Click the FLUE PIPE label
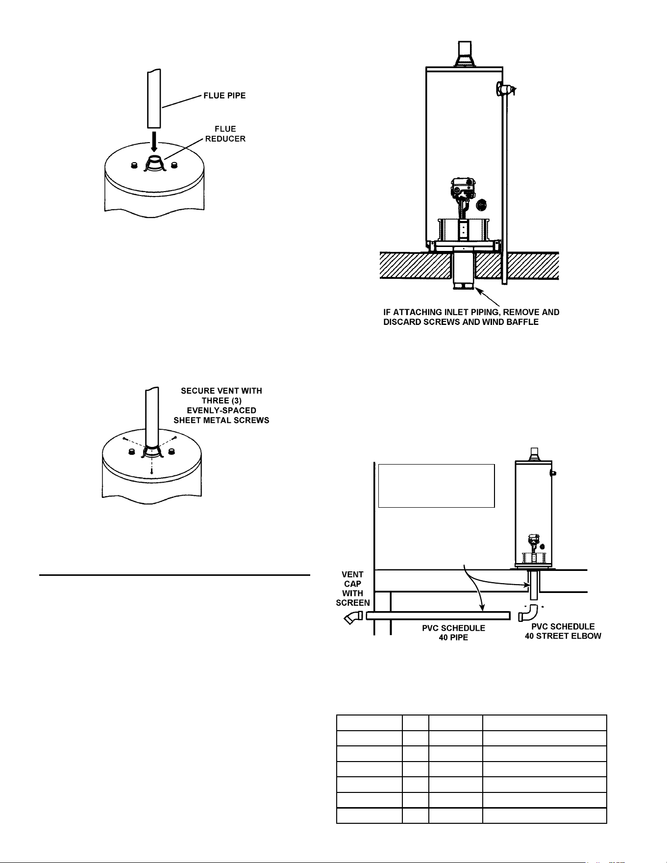224,96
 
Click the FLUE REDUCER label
225,134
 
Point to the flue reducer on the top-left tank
156,164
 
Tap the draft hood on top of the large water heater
465,54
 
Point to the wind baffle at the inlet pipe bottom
464,286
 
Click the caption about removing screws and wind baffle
471,317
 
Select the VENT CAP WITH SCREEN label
353,588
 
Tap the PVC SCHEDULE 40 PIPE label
453,633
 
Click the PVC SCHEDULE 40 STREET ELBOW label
563,631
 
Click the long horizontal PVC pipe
438,616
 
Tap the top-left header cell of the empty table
369,723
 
